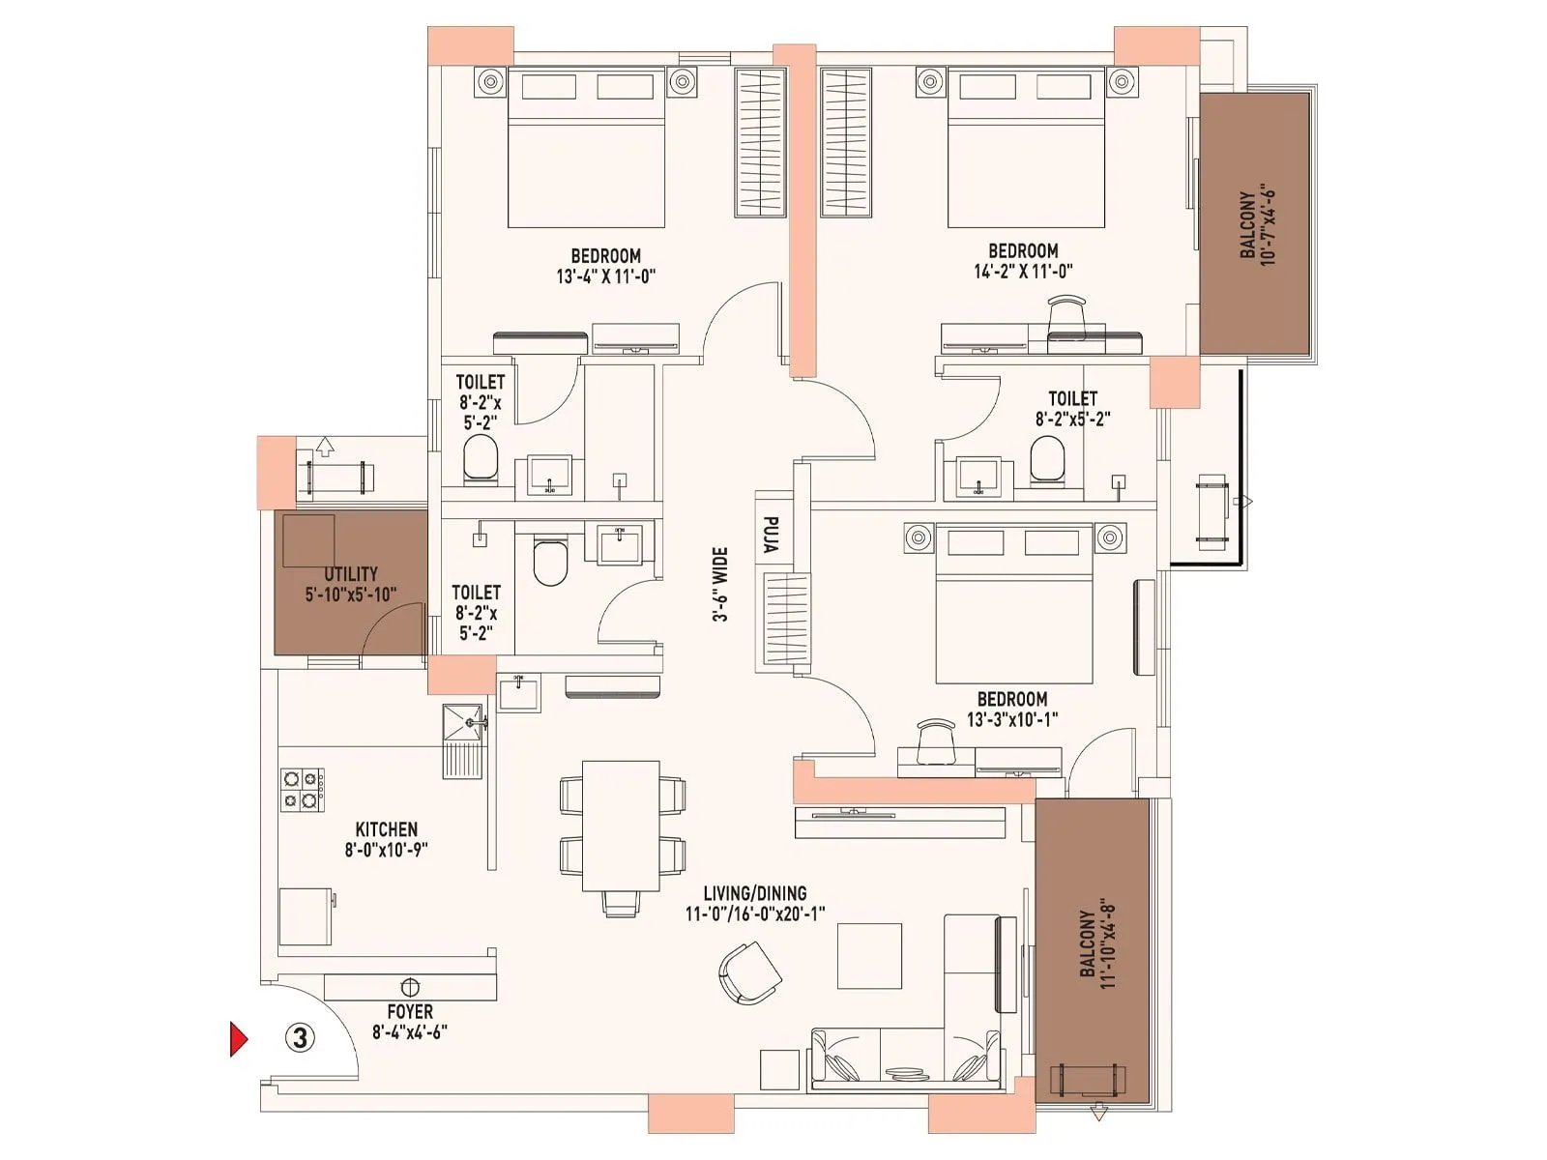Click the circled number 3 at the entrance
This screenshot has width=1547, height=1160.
coord(301,1038)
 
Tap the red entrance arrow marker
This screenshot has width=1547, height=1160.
coord(238,1038)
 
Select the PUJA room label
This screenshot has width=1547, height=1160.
coord(771,535)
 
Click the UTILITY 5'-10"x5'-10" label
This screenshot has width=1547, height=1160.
coord(351,584)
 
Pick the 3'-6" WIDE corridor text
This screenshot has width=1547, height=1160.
coord(720,585)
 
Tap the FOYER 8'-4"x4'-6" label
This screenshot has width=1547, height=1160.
coord(410,1021)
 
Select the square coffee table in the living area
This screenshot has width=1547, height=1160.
coord(869,955)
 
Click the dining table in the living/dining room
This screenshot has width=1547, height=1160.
coord(621,826)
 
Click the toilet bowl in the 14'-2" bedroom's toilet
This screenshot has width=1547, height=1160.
coord(1046,457)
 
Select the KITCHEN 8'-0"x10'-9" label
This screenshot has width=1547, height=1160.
coord(387,839)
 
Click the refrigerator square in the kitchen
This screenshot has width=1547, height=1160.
coord(306,916)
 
